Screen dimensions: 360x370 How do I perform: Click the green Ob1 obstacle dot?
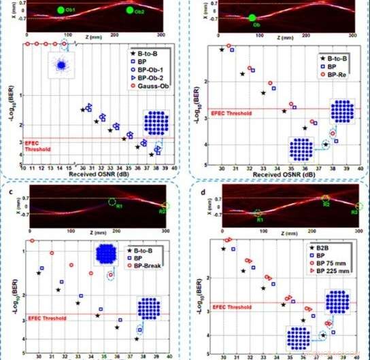coord(61,10)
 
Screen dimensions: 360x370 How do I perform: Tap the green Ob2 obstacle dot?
coord(130,10)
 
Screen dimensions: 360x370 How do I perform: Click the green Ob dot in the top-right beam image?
coord(252,18)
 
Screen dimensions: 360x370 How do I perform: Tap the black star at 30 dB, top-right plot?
coord(222,50)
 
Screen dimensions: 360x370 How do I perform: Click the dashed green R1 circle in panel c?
coord(113,202)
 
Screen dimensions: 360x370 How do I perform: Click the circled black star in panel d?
coord(323,335)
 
